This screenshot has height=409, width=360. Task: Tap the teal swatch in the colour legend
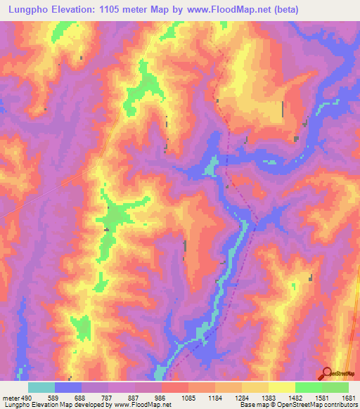coord(41,387)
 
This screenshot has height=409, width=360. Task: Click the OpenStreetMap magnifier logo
coord(328,373)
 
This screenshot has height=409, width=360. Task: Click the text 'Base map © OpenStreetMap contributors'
coord(298,405)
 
